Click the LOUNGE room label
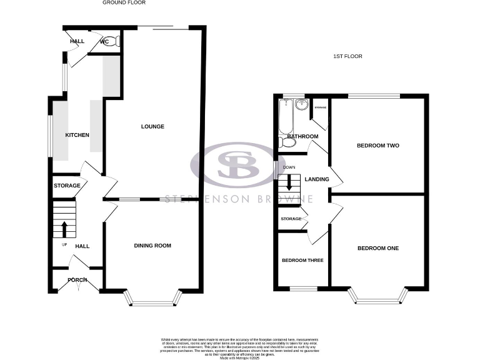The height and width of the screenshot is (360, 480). point(152,126)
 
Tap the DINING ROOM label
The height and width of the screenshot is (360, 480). point(152,246)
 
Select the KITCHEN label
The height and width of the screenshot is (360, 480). point(77,135)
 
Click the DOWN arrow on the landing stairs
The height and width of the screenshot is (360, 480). point(289,182)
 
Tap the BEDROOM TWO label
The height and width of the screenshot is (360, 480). point(377,146)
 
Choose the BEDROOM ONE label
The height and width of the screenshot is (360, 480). point(377,248)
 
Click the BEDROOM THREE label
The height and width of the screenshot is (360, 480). point(302,260)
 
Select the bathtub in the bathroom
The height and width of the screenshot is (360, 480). point(286,119)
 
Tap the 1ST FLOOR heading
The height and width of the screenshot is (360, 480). point(347,56)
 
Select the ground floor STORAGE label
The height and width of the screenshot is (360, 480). point(67,186)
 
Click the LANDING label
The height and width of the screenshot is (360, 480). point(316,179)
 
